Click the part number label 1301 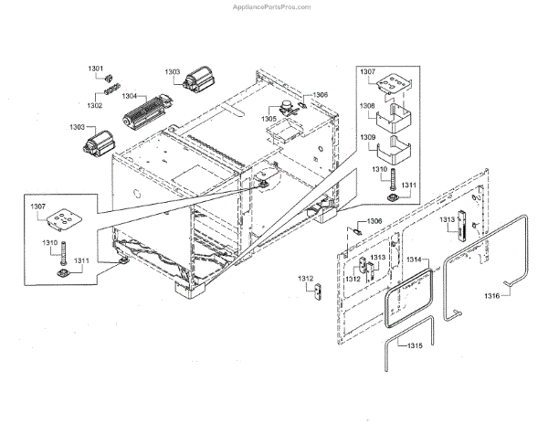pos(97,69)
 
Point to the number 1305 pos(269,119)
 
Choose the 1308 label pos(366,106)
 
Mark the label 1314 pos(416,260)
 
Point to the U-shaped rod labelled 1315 pos(391,352)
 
